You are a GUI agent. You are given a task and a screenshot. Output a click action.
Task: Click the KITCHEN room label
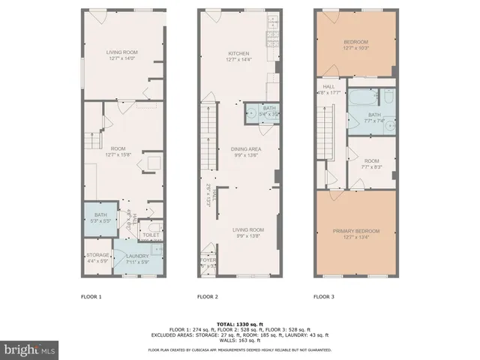coord(238,54)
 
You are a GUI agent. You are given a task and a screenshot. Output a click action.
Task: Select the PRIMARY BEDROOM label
coord(356,230)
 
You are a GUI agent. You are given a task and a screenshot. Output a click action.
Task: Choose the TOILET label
coord(151,235)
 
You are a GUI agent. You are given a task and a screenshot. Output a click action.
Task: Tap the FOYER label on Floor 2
coord(208,262)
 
